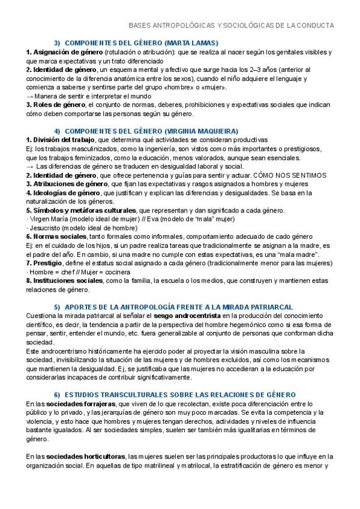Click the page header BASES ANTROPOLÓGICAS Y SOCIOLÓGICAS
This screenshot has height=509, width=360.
[x=232, y=26]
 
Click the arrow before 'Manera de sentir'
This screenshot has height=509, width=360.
[x=30, y=96]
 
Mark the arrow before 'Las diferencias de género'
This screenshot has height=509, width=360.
[x=30, y=166]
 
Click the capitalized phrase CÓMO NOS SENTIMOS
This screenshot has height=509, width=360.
[x=296, y=175]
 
